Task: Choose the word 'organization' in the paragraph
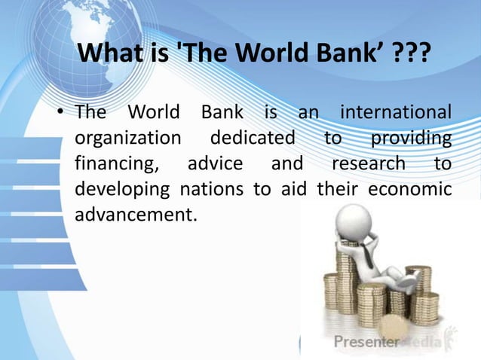(x=128, y=139)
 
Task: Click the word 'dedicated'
(x=253, y=139)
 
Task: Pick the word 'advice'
(x=215, y=163)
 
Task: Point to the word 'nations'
(x=214, y=188)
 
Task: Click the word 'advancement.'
(x=136, y=213)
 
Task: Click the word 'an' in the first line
(x=308, y=114)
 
